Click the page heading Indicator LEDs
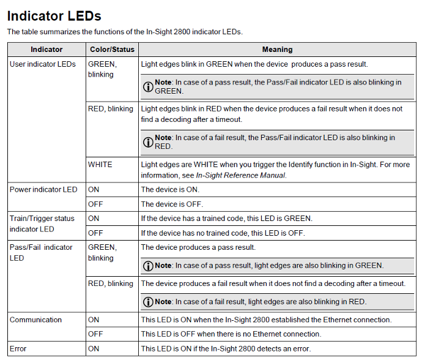54,16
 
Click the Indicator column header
46,50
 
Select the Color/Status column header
112,50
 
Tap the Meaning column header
277,50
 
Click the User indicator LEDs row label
43,64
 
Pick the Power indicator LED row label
43,190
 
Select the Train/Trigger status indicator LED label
42,223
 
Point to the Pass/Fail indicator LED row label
41,252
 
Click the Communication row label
35,320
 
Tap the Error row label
18,349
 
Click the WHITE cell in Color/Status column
100,165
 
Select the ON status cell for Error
94,349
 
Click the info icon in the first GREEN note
148,86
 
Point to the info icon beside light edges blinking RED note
148,302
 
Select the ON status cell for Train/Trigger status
94,219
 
